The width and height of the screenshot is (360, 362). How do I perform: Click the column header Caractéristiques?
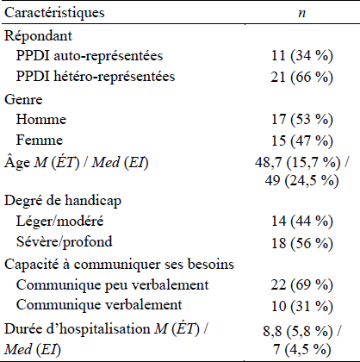[54, 13]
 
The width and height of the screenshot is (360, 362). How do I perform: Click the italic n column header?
[302, 14]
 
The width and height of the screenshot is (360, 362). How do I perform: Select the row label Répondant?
[38, 36]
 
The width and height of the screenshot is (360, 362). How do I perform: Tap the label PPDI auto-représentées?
[90, 55]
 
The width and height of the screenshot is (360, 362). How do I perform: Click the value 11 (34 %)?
[302, 55]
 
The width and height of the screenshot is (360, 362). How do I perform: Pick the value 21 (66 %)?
[302, 77]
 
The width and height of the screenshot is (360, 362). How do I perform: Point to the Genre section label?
[23, 100]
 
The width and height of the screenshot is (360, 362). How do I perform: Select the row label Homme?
[41, 119]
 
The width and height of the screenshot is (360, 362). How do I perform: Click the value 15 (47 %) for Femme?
[302, 140]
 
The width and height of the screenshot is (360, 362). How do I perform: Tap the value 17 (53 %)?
[302, 119]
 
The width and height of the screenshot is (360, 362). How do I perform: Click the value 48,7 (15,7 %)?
[298, 163]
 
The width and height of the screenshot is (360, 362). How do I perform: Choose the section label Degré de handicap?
[63, 201]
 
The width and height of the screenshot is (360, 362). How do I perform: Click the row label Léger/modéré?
[59, 222]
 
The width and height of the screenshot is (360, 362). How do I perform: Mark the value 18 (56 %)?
[302, 243]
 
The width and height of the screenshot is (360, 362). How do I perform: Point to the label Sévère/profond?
[65, 242]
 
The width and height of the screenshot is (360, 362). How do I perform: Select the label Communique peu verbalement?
[113, 285]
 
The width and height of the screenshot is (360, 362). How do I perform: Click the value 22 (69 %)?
[302, 284]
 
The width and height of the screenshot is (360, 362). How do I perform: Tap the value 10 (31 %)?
[302, 306]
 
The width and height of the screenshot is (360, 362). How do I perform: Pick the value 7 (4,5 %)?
[302, 349]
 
